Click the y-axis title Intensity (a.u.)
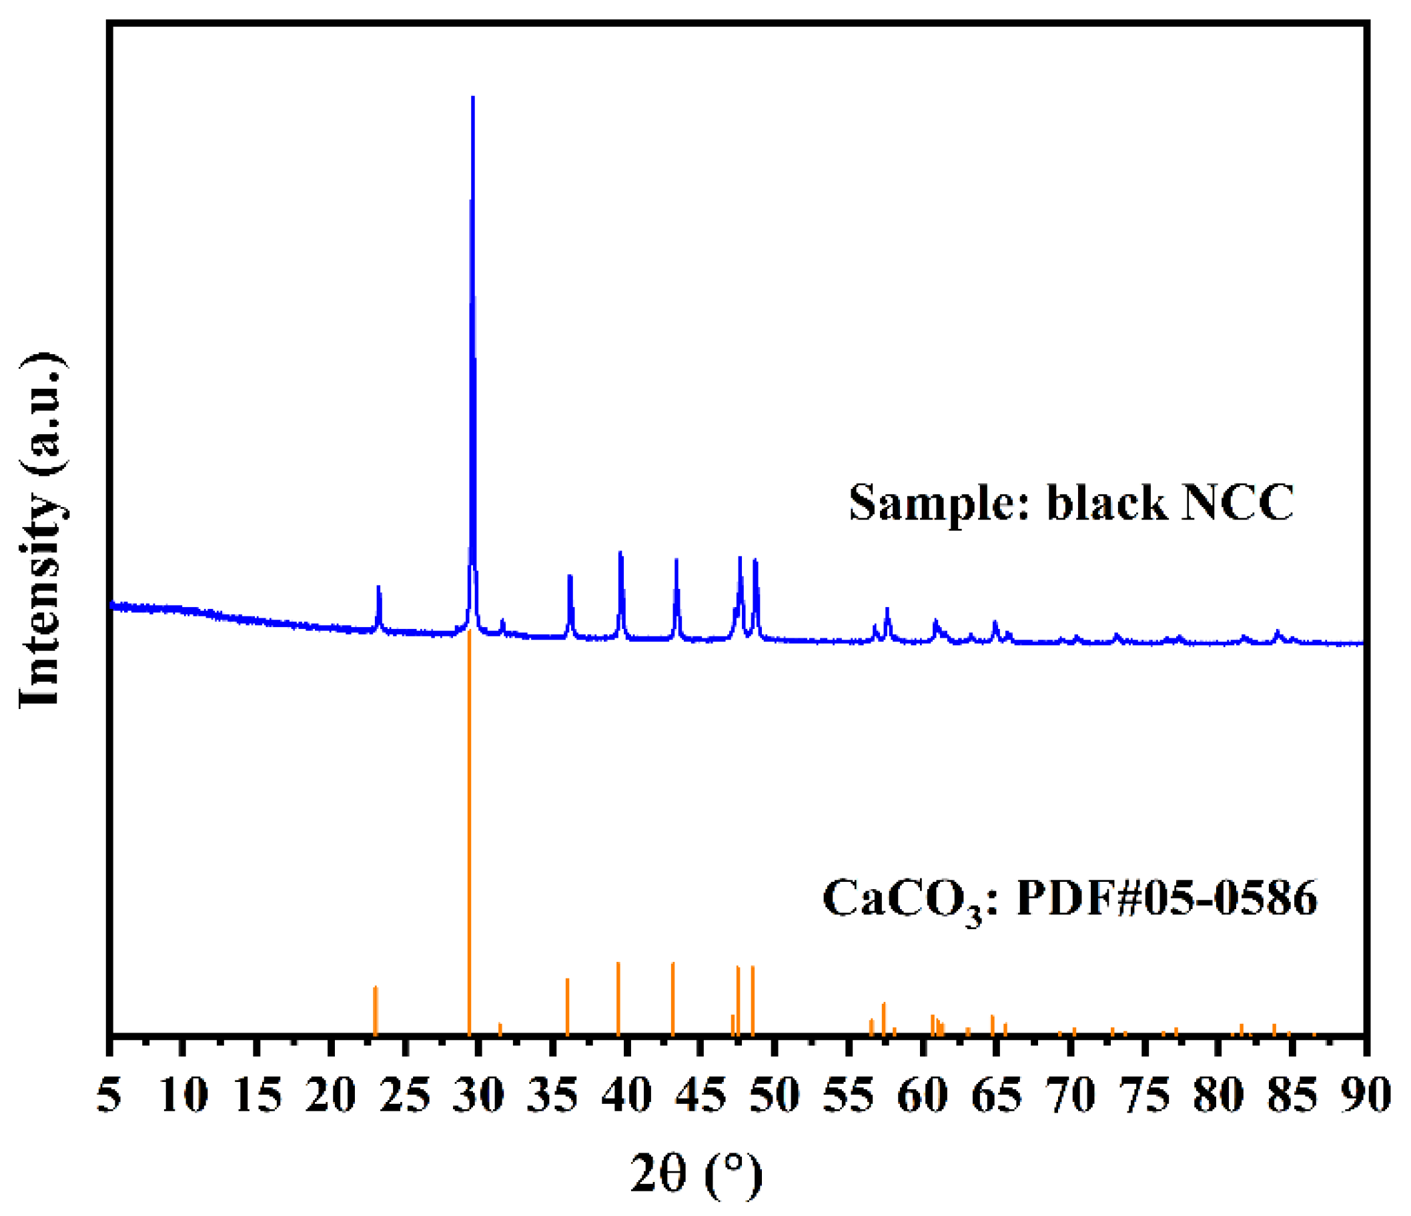click(x=42, y=530)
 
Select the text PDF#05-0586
click(x=1167, y=898)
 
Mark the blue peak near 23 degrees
click(x=379, y=587)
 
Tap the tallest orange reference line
click(x=469, y=817)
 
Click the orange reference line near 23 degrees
click(x=374, y=1011)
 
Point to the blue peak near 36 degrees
click(x=570, y=577)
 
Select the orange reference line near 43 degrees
click(x=673, y=998)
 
